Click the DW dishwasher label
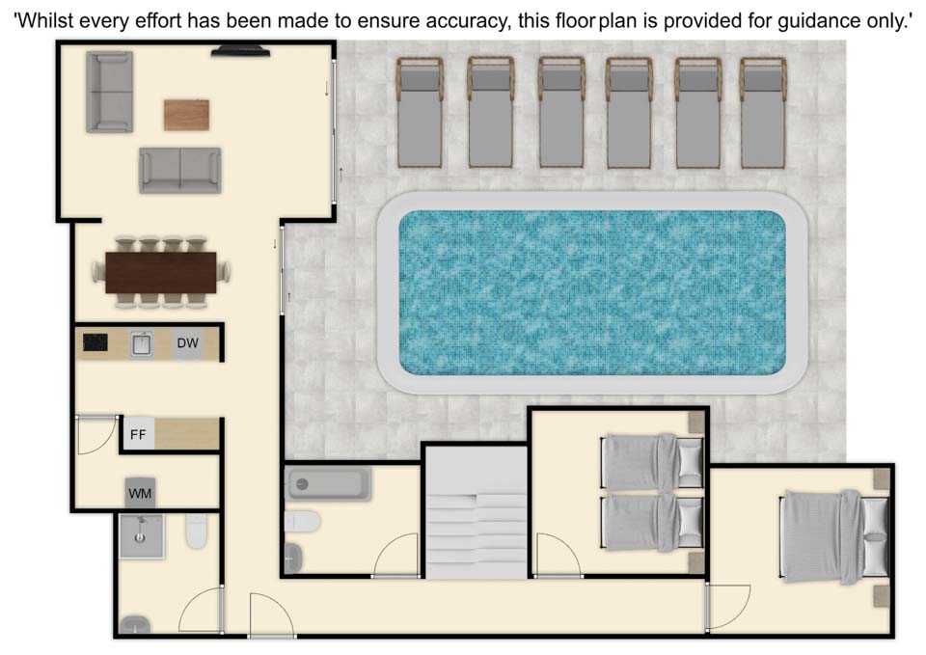188,342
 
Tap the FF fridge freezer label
138,435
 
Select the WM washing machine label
140,493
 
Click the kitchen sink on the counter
141,343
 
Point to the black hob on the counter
95,342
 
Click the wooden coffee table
186,115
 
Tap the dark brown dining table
161,272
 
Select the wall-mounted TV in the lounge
241,52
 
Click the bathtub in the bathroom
327,483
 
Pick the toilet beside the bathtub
302,522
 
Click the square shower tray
142,536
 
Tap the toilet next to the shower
197,531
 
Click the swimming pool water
592,292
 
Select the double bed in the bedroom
833,536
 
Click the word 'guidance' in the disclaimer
819,22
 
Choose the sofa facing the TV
180,170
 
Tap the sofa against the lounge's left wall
109,92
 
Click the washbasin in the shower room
135,624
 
